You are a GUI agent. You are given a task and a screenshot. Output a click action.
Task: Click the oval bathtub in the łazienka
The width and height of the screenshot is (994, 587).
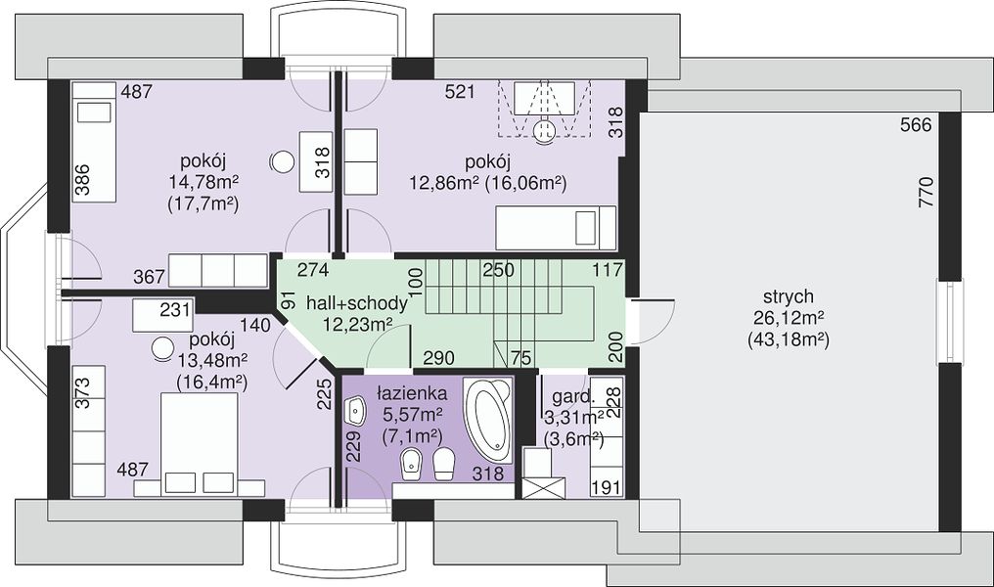coord(487,420)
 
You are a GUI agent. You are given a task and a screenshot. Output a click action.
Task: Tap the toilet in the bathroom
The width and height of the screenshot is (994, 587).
coord(444,464)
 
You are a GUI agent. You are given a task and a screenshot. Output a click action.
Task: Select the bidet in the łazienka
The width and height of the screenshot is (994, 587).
coord(413,464)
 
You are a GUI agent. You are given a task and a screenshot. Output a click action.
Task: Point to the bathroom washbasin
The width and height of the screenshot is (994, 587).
coord(356,412)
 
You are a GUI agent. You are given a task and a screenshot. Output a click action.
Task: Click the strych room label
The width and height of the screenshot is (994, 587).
coord(788,296)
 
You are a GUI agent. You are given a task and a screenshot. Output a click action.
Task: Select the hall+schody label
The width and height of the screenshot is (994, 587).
coord(356,303)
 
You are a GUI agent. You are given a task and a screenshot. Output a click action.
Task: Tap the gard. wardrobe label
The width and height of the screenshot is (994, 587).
coord(573,398)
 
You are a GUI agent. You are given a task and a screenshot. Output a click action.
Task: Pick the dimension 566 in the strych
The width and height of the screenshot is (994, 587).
coord(916,125)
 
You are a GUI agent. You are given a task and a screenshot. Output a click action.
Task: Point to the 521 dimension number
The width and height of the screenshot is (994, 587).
coord(460,92)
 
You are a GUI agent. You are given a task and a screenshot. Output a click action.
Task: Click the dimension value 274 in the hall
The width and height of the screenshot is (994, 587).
coord(313,270)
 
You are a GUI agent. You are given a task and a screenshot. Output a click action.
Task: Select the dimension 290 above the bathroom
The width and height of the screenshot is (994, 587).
coord(438,357)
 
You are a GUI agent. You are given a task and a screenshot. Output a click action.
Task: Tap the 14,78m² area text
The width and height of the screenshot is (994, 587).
coord(203,183)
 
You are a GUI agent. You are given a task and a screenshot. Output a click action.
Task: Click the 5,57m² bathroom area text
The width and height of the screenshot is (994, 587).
coord(412,415)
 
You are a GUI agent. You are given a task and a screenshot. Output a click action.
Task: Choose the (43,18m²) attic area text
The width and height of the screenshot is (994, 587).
coord(788,339)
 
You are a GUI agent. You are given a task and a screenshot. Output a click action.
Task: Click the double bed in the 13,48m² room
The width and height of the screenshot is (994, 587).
coord(200,444)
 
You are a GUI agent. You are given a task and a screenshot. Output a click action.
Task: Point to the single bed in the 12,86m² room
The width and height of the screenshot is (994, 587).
coord(556,228)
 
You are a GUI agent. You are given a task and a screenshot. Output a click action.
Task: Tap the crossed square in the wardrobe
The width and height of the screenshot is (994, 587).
coord(545,488)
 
